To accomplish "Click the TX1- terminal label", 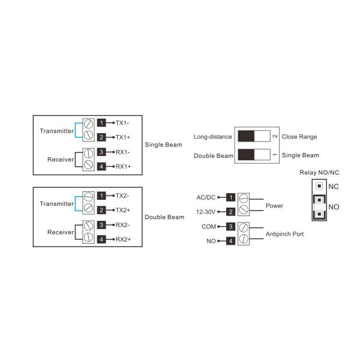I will click(x=123, y=122).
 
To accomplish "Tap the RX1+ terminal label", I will click(x=123, y=166).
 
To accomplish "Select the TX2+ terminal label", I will click(x=123, y=210).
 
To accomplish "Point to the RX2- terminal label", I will click(x=123, y=225).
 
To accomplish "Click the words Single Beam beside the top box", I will click(x=164, y=145).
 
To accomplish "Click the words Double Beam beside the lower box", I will click(x=164, y=217).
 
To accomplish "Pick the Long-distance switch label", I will click(x=212, y=137).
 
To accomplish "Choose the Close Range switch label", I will click(x=299, y=137).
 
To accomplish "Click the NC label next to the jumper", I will click(x=334, y=187).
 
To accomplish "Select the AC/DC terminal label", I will click(x=206, y=197).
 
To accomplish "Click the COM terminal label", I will click(x=209, y=227).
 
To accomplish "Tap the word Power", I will click(x=274, y=205).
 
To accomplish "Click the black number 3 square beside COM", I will click(x=230, y=227).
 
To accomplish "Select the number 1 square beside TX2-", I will click(x=102, y=196).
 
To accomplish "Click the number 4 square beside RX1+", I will click(x=102, y=166).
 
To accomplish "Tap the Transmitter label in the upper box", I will click(x=56, y=130).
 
